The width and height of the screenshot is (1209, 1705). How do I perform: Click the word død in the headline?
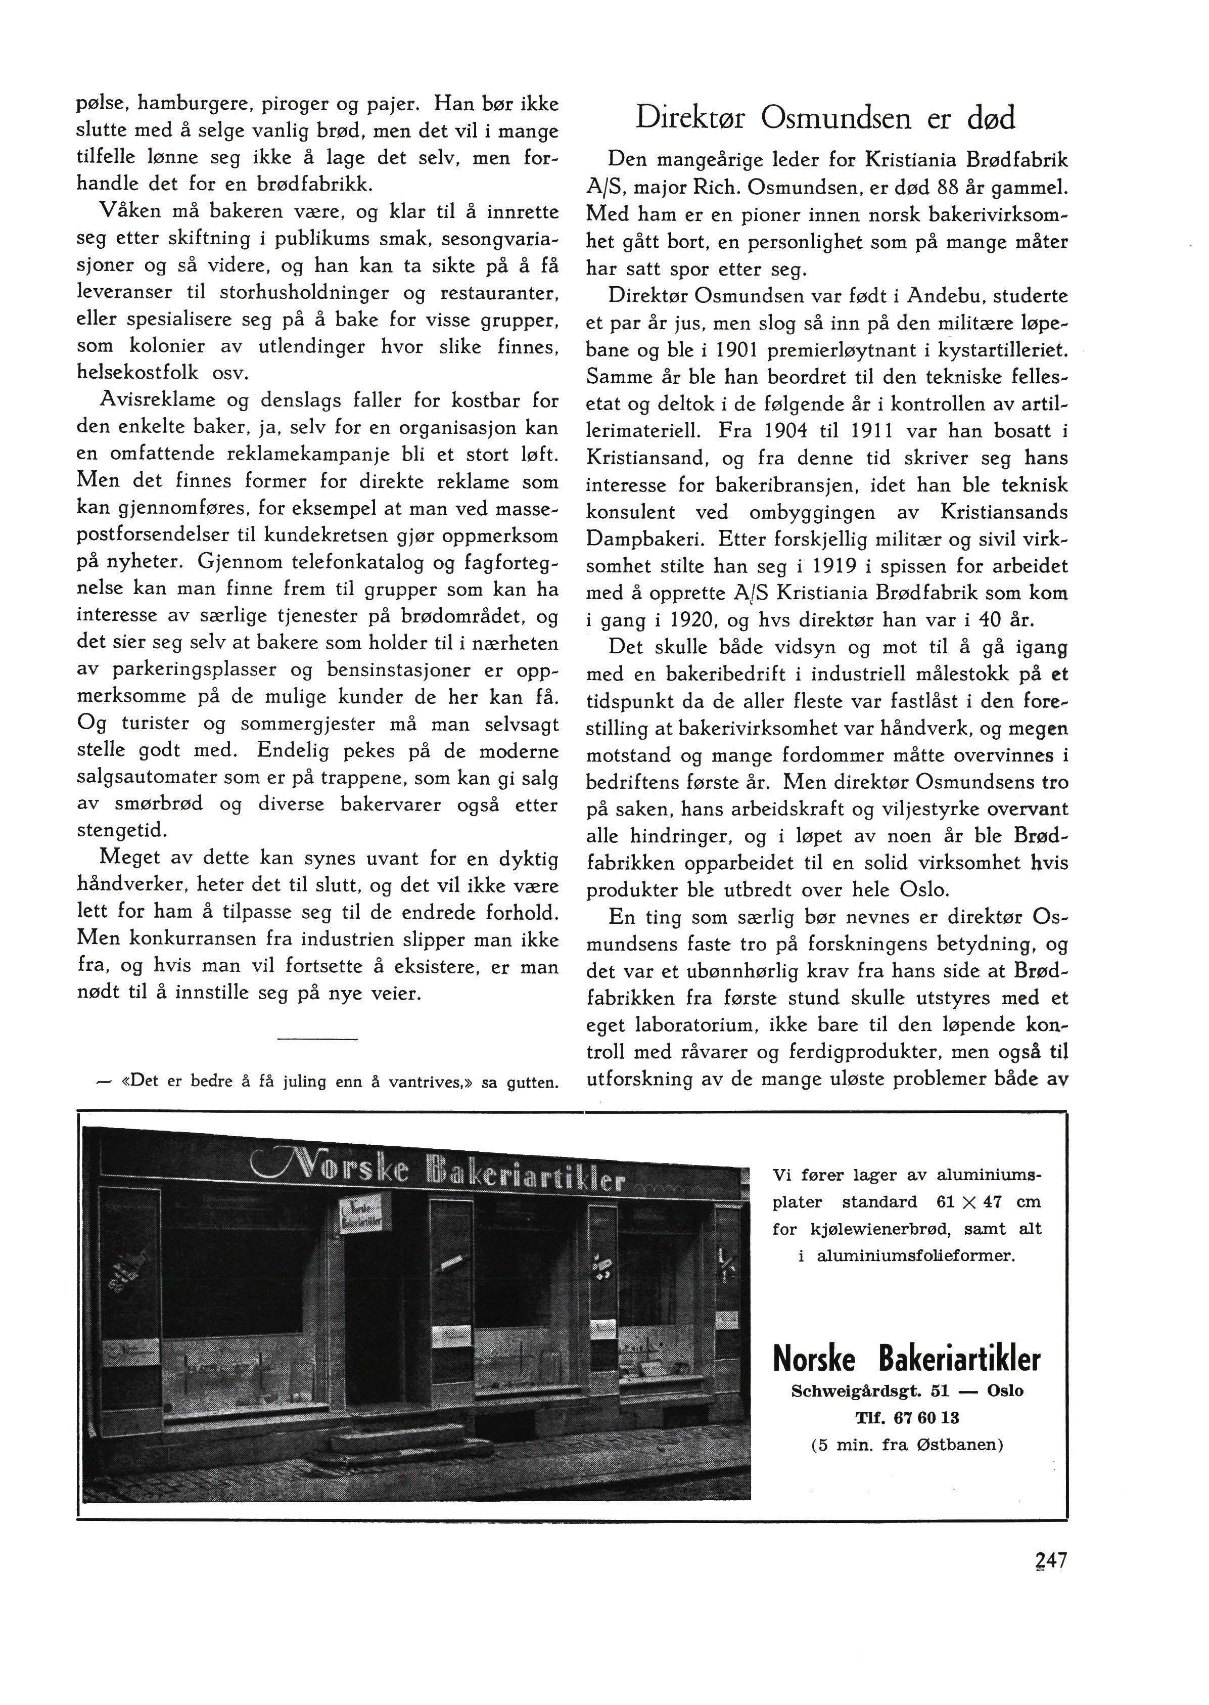click(983, 118)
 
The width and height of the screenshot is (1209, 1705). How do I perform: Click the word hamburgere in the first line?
click(190, 104)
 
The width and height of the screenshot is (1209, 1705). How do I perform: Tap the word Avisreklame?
click(157, 400)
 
